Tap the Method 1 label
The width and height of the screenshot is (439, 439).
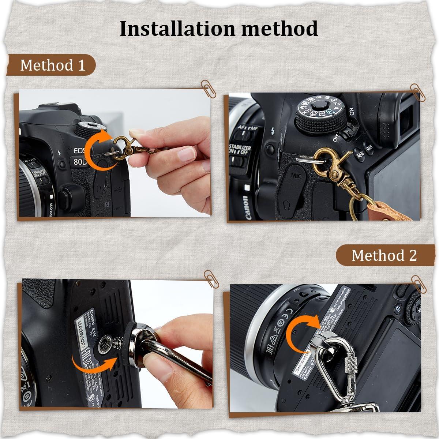pyautogui.click(x=52, y=65)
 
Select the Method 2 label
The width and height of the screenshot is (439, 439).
pyautogui.click(x=384, y=255)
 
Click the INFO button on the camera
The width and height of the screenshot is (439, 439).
pyautogui.click(x=369, y=149)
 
